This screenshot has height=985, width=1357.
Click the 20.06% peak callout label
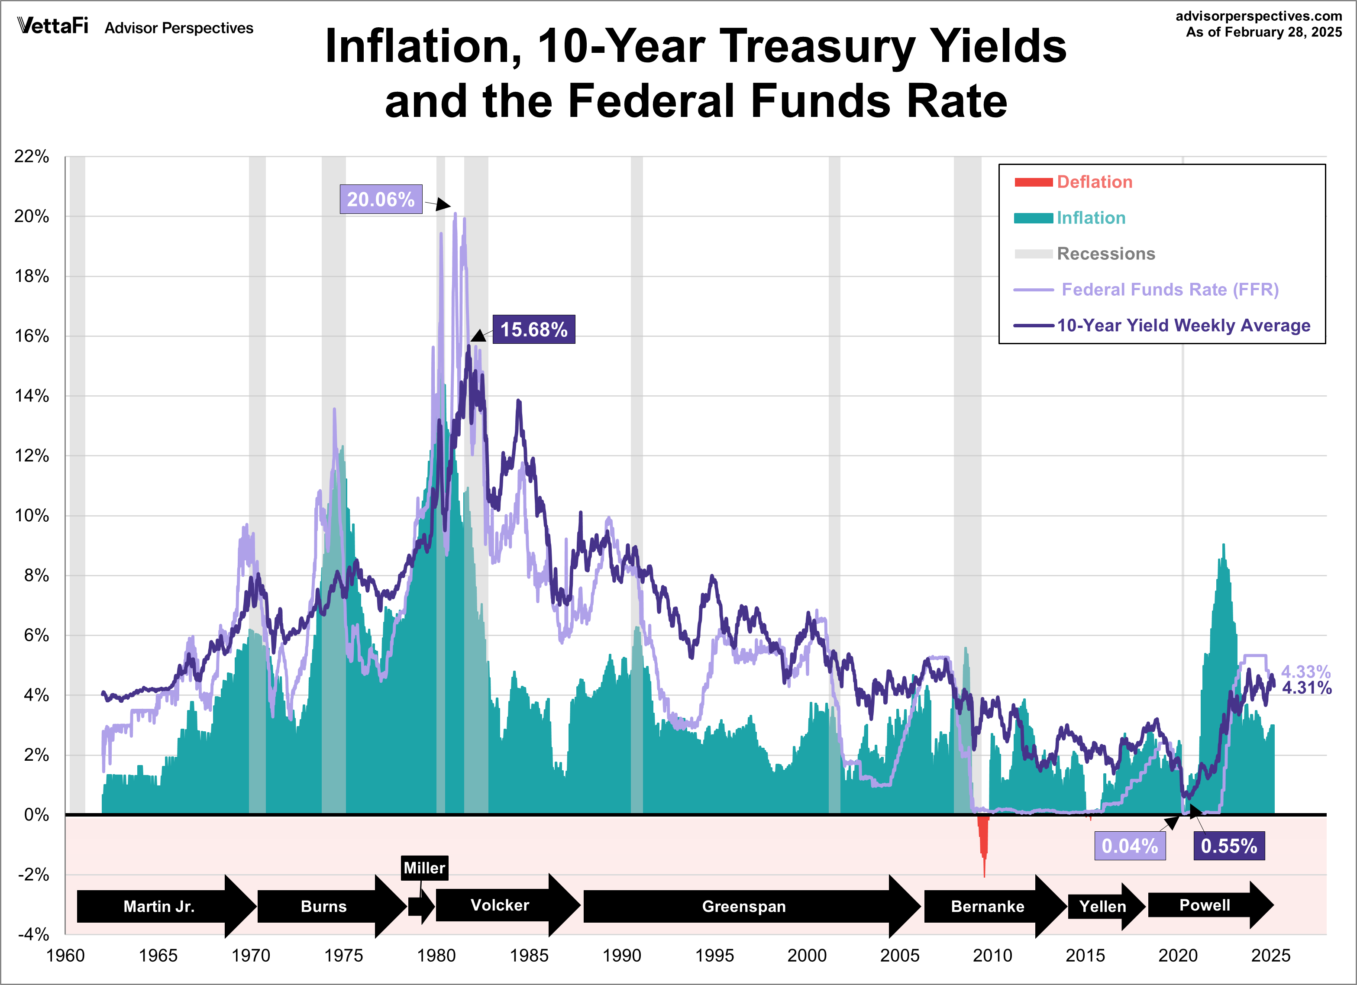(x=381, y=199)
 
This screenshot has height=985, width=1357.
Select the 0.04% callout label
(x=1129, y=846)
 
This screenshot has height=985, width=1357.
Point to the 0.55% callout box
(x=1228, y=846)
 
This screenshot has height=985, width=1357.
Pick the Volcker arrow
(x=500, y=905)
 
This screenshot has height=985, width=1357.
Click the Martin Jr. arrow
(x=159, y=906)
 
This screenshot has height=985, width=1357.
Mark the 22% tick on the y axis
(x=32, y=156)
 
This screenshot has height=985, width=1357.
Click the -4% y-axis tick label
(x=33, y=934)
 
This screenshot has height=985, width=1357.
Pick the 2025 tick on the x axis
(x=1270, y=956)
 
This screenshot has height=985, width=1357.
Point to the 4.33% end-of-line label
(x=1305, y=672)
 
